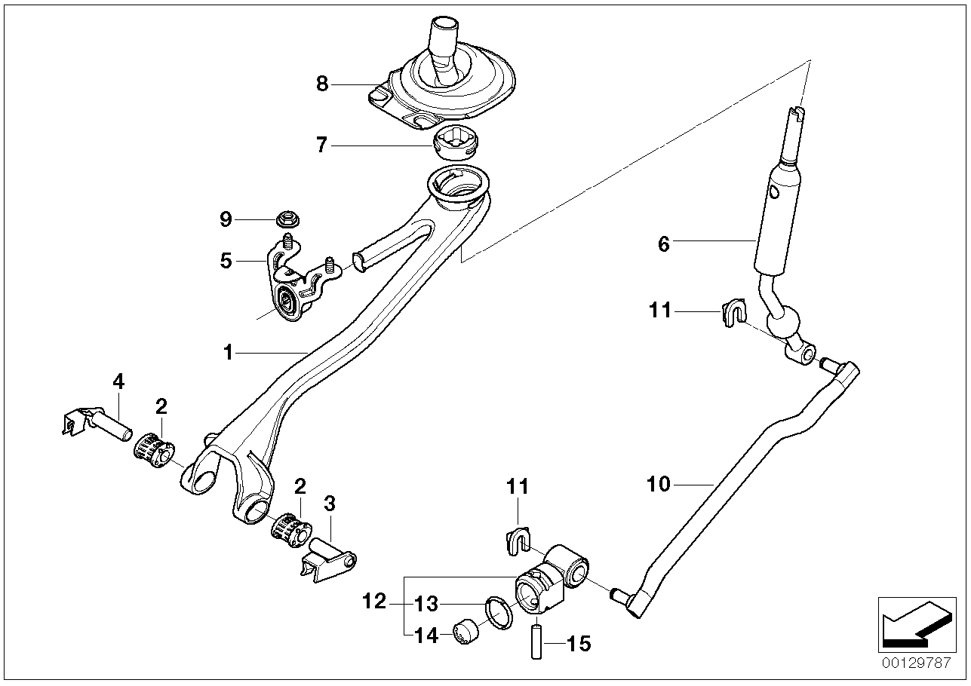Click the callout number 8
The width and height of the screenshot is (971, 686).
(323, 84)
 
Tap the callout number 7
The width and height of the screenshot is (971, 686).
(322, 144)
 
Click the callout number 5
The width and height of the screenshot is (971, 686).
(226, 261)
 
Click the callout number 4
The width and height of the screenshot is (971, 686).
(118, 381)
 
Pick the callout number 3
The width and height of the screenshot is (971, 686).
(329, 503)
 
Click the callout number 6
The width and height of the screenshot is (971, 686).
(664, 244)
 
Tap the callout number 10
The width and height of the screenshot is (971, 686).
(659, 484)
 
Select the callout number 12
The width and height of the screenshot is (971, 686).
(375, 602)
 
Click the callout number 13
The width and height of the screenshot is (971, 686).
(427, 603)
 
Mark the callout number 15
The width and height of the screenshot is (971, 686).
(579, 644)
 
